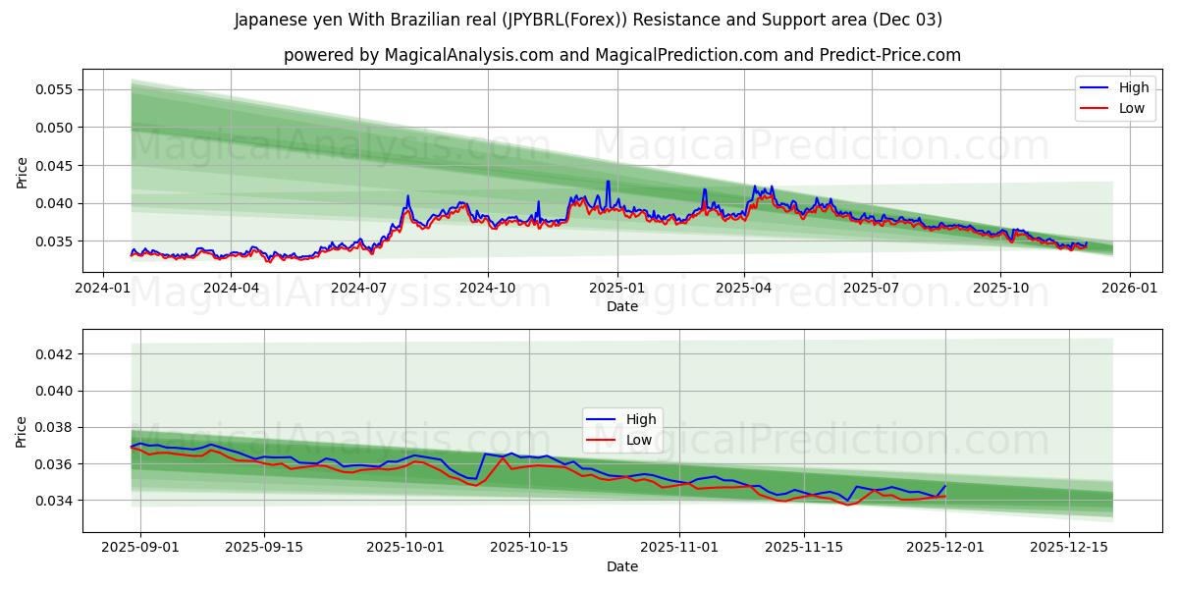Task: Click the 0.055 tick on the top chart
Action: [x=55, y=89]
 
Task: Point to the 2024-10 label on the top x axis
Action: [x=488, y=288]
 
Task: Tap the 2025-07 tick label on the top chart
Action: [x=872, y=288]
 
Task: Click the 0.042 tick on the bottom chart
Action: [x=55, y=353]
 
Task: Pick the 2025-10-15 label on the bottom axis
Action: [x=529, y=547]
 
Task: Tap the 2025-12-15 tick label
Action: [x=1067, y=547]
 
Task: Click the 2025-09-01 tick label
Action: [x=140, y=547]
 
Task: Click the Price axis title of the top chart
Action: [x=22, y=173]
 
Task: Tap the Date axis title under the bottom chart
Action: [x=621, y=566]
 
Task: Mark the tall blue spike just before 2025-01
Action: [x=608, y=182]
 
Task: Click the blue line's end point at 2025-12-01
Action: [x=945, y=485]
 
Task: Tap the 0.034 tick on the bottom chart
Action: [x=55, y=501]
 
